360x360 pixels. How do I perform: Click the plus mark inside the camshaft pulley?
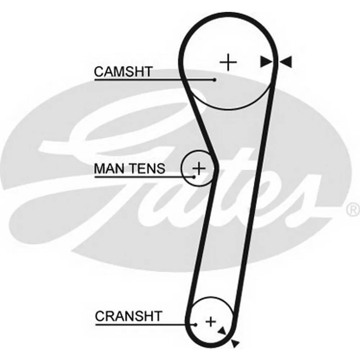[x=228, y=62]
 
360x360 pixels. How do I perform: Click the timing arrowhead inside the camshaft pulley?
[x=266, y=62]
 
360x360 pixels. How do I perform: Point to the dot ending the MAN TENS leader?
[x=194, y=177]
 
